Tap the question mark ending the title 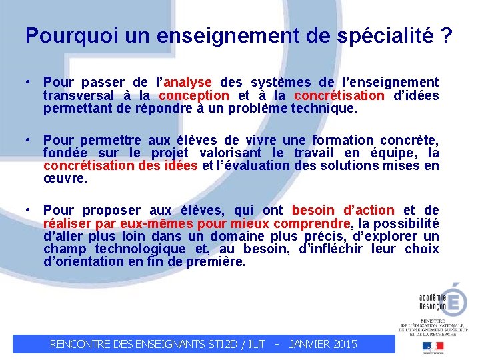coord(446,36)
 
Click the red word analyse coord(187,82)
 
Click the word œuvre coord(58,179)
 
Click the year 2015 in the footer coord(343,344)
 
